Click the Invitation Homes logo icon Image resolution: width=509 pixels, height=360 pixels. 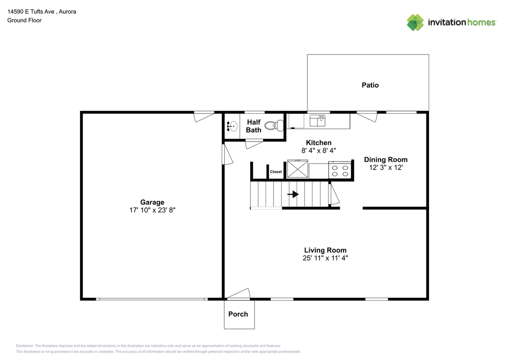pos(415,22)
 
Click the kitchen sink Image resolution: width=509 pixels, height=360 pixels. pos(318,120)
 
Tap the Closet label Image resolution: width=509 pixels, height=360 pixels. pos(276,172)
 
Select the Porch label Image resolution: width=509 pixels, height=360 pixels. pos(238,314)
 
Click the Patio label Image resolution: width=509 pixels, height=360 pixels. pos(370,85)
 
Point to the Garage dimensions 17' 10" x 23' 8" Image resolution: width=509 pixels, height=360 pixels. pos(152,210)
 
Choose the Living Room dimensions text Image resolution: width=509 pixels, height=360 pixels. pos(325,258)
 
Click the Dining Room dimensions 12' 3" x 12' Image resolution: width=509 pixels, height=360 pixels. pos(385,167)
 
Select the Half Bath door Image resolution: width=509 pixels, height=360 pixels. pos(254,144)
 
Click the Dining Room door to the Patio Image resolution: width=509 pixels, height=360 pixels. pos(367,117)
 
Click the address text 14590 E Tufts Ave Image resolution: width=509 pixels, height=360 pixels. pos(42,12)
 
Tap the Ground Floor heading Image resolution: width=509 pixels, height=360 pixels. pos(24,20)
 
